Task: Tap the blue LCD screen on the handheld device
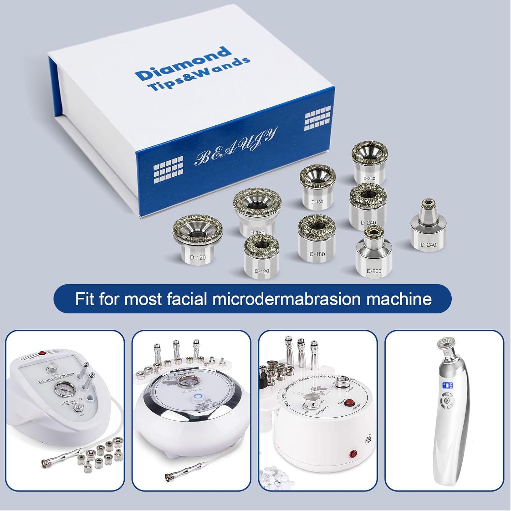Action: [x=447, y=386]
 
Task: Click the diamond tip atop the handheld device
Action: [x=447, y=343]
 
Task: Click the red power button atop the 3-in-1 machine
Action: [x=349, y=404]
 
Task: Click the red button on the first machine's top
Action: [x=43, y=353]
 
